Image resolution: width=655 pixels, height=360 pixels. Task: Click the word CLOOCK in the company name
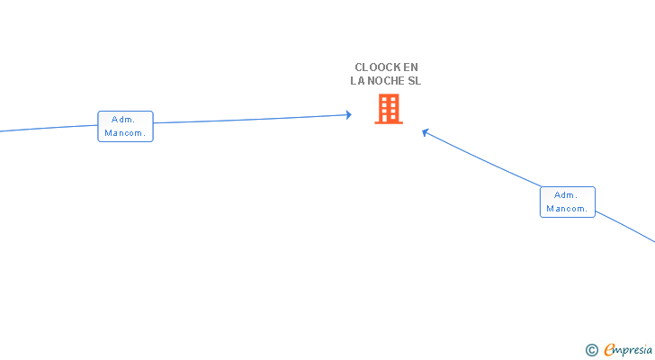coord(378,67)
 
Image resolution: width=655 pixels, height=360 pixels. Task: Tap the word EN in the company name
coord(410,67)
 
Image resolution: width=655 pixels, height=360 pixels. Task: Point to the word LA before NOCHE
coord(357,81)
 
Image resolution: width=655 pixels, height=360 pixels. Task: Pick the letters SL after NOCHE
coord(415,81)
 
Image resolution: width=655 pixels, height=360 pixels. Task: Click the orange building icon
coord(389,109)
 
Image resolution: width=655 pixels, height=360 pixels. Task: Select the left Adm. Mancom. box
coord(125,127)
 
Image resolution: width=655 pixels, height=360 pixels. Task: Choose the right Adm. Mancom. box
coord(567,202)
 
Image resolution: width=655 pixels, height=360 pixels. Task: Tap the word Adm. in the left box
coord(123,120)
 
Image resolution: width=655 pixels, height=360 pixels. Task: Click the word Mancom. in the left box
coord(125,133)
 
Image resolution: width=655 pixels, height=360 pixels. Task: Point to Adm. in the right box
coord(566,195)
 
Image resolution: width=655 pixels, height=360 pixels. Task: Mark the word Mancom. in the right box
coord(567,209)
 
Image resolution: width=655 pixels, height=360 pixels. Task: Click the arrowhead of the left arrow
coord(349,115)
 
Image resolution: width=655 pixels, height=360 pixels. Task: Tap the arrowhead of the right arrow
coord(425,132)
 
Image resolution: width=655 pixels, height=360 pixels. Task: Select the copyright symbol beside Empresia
coord(591,350)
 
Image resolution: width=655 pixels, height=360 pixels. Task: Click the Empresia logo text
coord(628,350)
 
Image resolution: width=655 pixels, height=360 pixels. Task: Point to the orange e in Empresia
coord(610,349)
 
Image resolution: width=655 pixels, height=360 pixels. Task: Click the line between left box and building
coord(252,119)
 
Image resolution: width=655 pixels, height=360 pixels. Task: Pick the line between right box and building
coord(481,159)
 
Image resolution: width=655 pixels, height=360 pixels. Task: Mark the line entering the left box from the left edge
coord(49,128)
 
